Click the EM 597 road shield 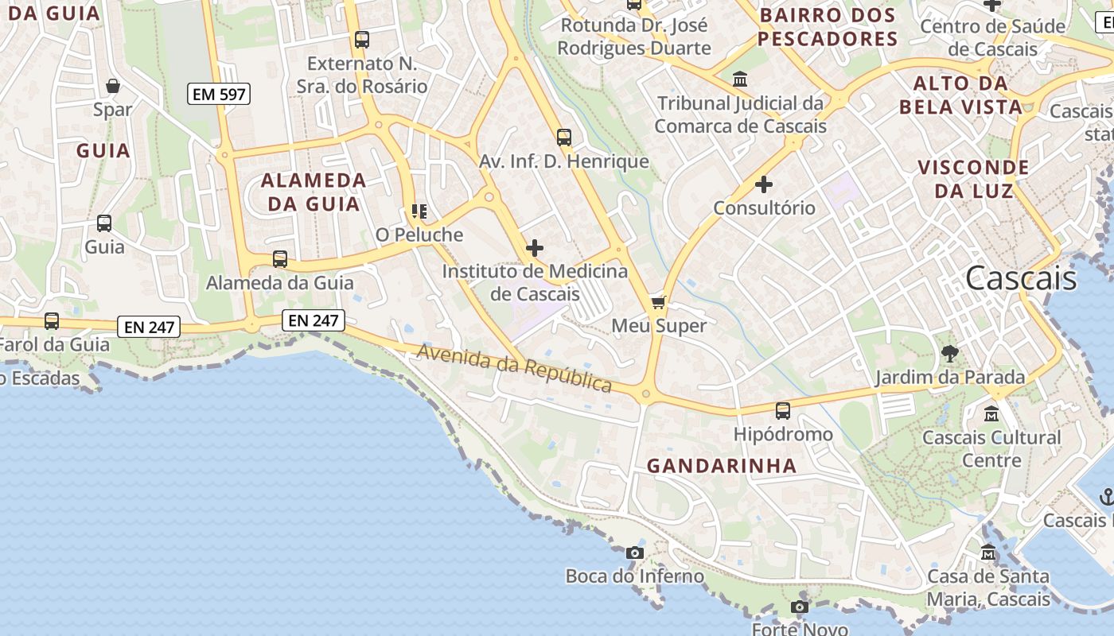(x=220, y=94)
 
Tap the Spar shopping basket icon (x=113, y=86)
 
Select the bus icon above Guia (x=104, y=223)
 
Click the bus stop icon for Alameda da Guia (x=279, y=259)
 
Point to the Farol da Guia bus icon (x=52, y=321)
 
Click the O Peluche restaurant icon (x=419, y=211)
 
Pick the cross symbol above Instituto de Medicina (x=535, y=248)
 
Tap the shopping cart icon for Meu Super (x=658, y=302)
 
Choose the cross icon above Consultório (x=764, y=184)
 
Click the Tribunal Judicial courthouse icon (x=740, y=79)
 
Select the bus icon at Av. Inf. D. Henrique (x=564, y=138)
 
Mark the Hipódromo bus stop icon (x=783, y=410)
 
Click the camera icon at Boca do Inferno (x=635, y=553)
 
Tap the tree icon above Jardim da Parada (x=949, y=354)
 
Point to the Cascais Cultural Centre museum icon (x=991, y=413)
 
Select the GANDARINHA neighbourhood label (x=722, y=466)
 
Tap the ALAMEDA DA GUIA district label (x=314, y=192)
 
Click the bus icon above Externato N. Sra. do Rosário (x=362, y=39)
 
